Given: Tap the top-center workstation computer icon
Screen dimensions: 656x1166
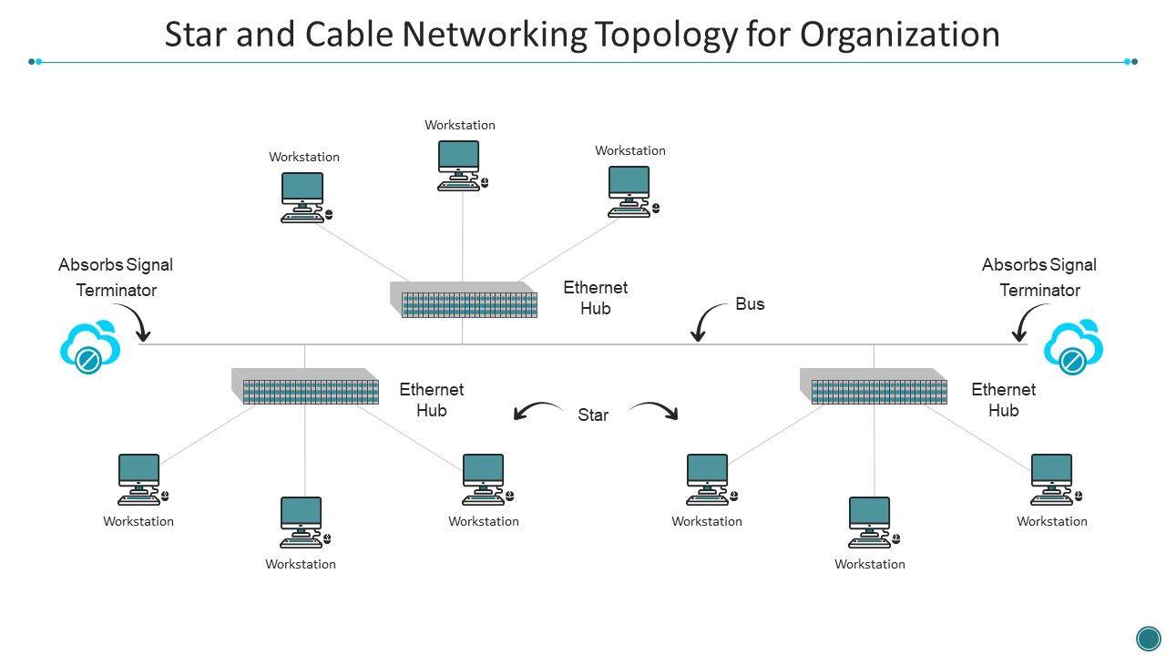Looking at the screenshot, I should coord(459,165).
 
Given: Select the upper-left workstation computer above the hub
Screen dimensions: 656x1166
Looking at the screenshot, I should coord(303,197).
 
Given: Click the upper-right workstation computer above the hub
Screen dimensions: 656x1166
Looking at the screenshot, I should coord(630,190).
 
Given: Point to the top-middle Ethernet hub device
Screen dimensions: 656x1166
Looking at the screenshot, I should coord(465,300).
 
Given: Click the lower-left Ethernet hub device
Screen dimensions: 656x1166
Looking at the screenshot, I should coord(305,386).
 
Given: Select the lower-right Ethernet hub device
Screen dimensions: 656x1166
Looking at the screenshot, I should coord(874,386).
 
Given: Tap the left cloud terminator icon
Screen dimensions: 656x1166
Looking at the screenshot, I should coord(90,347).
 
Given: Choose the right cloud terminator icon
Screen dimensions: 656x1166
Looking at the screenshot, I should coord(1074,347).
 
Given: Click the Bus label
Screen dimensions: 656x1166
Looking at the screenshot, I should coord(750,304).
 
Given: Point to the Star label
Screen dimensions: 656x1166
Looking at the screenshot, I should coord(593,415).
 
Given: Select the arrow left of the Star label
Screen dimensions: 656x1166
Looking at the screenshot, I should coord(537,411).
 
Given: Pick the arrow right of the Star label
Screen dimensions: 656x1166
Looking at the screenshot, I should coord(654,410).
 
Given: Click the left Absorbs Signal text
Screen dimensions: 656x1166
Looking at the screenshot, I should coord(116,265).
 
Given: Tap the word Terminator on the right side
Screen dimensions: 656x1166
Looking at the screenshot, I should coord(1039,291).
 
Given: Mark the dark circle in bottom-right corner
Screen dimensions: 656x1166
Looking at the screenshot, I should coord(1148,638).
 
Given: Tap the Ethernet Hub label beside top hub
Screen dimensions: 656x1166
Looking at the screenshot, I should coord(595,298).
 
